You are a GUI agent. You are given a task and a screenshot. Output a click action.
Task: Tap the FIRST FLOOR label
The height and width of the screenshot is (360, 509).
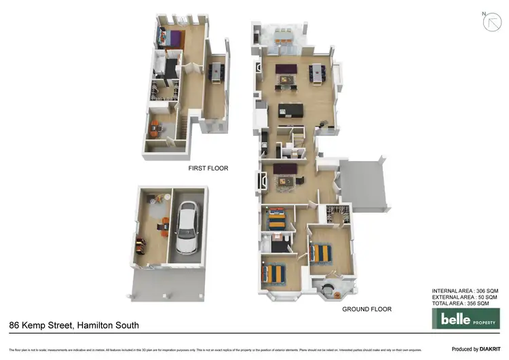click(208, 168)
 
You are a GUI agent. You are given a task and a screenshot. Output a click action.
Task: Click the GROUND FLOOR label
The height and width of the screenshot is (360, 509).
click(366, 309)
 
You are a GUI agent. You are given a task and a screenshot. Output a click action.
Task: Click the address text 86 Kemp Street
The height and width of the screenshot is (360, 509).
click(40, 325)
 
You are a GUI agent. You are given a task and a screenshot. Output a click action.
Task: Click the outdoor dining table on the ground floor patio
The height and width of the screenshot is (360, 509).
click(284, 35)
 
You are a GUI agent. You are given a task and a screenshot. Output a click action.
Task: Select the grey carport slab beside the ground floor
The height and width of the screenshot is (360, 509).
click(364, 184)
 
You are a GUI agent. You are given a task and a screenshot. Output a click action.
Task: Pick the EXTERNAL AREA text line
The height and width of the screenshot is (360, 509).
click(465, 297)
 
